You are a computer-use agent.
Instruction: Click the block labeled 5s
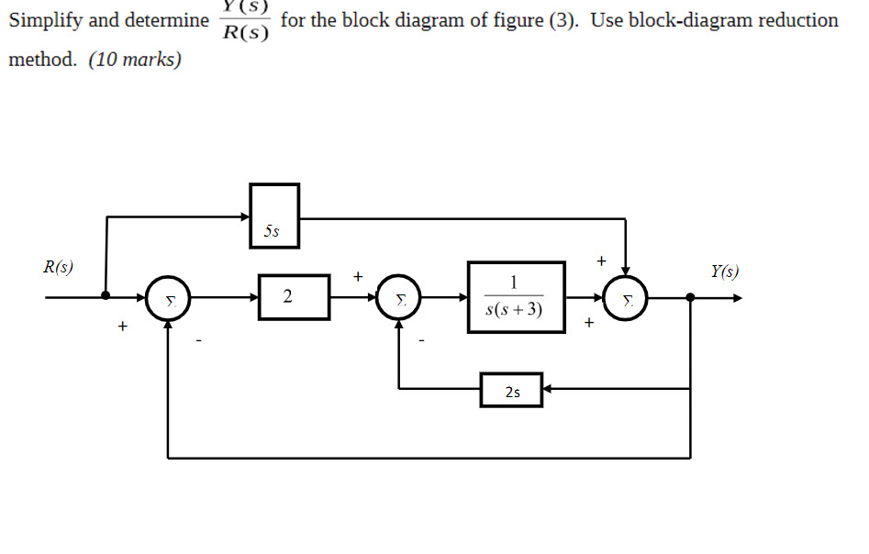coord(274,215)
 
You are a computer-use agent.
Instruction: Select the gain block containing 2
coord(294,297)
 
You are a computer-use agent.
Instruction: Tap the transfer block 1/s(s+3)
coord(516,297)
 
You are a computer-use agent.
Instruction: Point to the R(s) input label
coord(60,269)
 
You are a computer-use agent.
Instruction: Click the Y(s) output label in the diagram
coord(723,271)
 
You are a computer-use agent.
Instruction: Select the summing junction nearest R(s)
coord(168,297)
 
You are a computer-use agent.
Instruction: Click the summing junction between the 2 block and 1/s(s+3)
coord(399,297)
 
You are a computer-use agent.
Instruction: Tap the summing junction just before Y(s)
coord(626,297)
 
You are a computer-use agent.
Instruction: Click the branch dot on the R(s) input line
coord(106,296)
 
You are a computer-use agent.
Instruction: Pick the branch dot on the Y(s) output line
coord(690,296)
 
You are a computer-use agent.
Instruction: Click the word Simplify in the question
coord(46,21)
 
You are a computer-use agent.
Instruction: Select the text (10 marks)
coord(135,61)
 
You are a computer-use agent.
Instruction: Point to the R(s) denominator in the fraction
coord(245,35)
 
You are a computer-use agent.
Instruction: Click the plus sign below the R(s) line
coord(121,326)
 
